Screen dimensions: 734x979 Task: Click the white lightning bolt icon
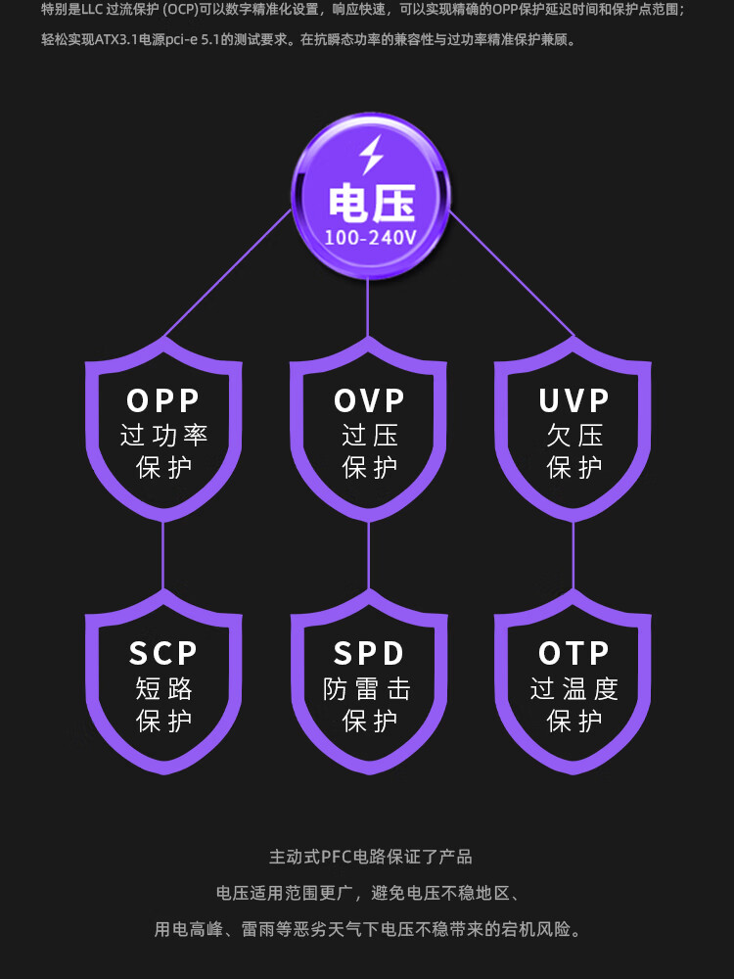[x=371, y=155]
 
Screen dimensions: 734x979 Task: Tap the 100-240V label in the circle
[x=370, y=238]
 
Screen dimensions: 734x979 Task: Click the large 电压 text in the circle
[x=371, y=203]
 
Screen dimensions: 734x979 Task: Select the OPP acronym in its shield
[x=162, y=400]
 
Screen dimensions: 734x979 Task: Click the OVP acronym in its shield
[x=369, y=400]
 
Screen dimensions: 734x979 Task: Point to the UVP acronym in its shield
[x=573, y=400]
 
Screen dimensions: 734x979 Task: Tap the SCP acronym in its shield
[x=162, y=654]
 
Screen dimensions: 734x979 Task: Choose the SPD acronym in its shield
[x=369, y=654]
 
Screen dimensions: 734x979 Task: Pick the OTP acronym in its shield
[x=573, y=654]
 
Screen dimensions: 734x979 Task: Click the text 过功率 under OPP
[x=163, y=436]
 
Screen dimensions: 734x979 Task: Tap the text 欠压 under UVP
[x=574, y=436]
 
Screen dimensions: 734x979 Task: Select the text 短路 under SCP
[x=163, y=688]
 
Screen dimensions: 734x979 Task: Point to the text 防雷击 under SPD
[x=367, y=688]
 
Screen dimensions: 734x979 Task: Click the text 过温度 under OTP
[x=574, y=688]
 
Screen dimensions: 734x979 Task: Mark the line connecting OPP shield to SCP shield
[x=162, y=555]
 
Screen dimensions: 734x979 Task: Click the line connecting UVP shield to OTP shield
[x=573, y=555]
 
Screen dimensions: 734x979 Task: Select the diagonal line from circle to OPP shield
[x=228, y=273]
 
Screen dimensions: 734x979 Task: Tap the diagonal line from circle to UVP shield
[x=511, y=274]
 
